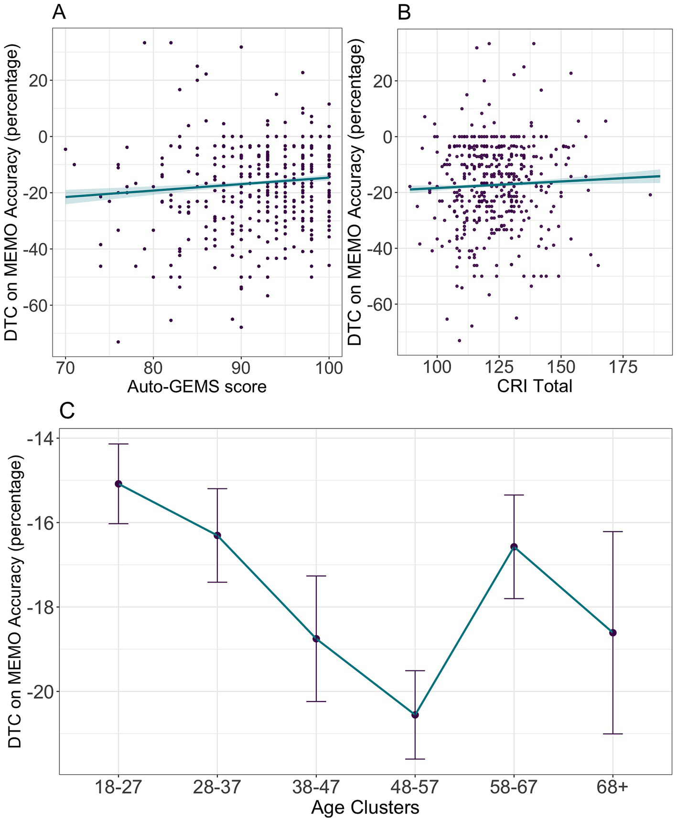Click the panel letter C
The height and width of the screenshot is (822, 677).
tap(67, 411)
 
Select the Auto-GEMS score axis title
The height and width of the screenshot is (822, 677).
tap(197, 386)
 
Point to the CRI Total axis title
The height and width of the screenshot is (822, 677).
tap(534, 386)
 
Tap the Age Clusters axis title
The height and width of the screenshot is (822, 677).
tap(365, 807)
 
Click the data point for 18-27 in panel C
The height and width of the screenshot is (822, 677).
tap(118, 484)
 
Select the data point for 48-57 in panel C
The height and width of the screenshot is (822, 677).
tap(415, 714)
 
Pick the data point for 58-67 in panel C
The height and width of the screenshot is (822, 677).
tap(514, 547)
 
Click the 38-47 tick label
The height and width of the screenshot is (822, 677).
tap(316, 787)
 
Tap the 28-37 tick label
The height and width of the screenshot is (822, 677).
tap(217, 787)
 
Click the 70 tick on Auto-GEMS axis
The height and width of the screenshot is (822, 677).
tap(65, 368)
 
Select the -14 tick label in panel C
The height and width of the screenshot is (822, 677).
tap(41, 438)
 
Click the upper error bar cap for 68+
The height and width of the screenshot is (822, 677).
tap(613, 531)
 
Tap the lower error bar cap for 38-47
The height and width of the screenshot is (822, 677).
tap(316, 702)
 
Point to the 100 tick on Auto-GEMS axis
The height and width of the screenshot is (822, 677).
tap(329, 368)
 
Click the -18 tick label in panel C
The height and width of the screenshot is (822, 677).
tap(41, 607)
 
